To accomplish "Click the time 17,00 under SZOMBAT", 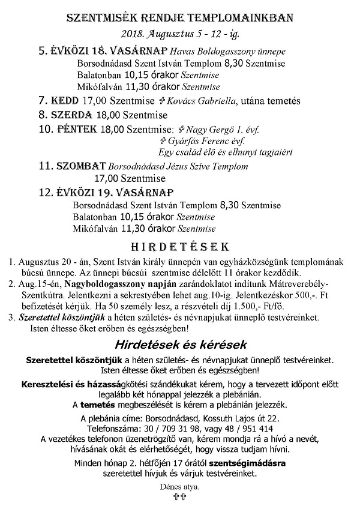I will click(107, 178).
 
